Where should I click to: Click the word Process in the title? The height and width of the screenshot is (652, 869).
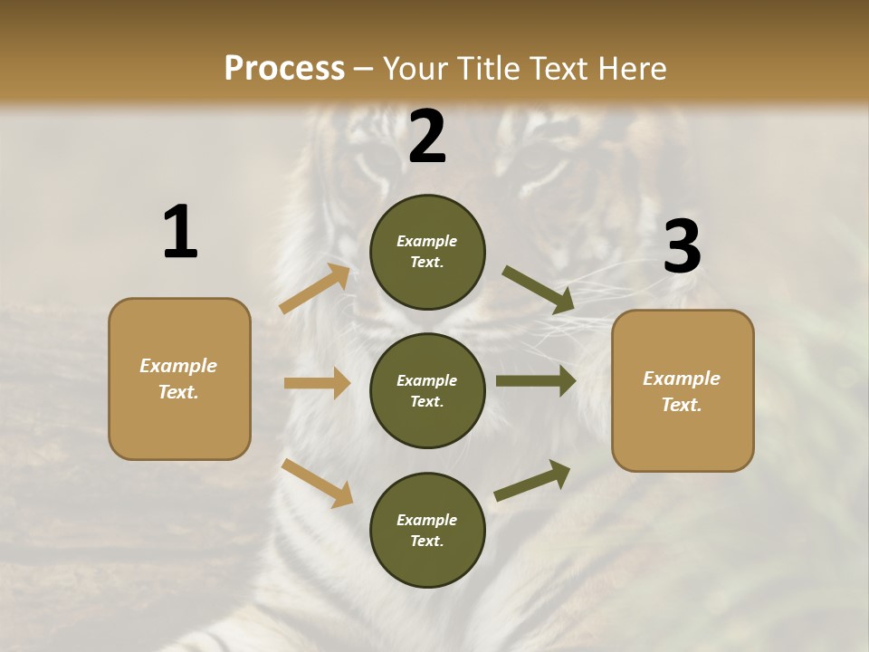pyautogui.click(x=284, y=68)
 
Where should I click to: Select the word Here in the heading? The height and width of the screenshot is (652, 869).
pyautogui.click(x=626, y=68)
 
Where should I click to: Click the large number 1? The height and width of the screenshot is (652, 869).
pyautogui.click(x=180, y=233)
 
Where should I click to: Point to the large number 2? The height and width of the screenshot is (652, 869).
pyautogui.click(x=427, y=137)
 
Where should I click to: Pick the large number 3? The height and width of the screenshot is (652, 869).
pyautogui.click(x=682, y=247)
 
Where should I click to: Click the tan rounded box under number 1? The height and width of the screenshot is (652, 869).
pyautogui.click(x=179, y=379)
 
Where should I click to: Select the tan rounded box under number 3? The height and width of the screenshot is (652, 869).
pyautogui.click(x=683, y=391)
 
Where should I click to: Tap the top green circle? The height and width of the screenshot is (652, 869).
pyautogui.click(x=427, y=252)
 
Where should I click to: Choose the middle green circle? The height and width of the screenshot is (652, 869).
pyautogui.click(x=427, y=391)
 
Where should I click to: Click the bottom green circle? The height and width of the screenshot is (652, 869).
pyautogui.click(x=427, y=531)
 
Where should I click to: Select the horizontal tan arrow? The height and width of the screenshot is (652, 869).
pyautogui.click(x=317, y=383)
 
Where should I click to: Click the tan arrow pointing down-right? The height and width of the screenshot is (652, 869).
pyautogui.click(x=318, y=483)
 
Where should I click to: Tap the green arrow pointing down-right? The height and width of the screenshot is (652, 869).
pyautogui.click(x=539, y=290)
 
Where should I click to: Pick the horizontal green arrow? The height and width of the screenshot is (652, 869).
pyautogui.click(x=536, y=381)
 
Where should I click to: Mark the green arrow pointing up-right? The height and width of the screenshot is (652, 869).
pyautogui.click(x=533, y=481)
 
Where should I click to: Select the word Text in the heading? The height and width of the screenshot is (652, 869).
pyautogui.click(x=557, y=68)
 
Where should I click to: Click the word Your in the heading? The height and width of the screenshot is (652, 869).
pyautogui.click(x=415, y=68)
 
